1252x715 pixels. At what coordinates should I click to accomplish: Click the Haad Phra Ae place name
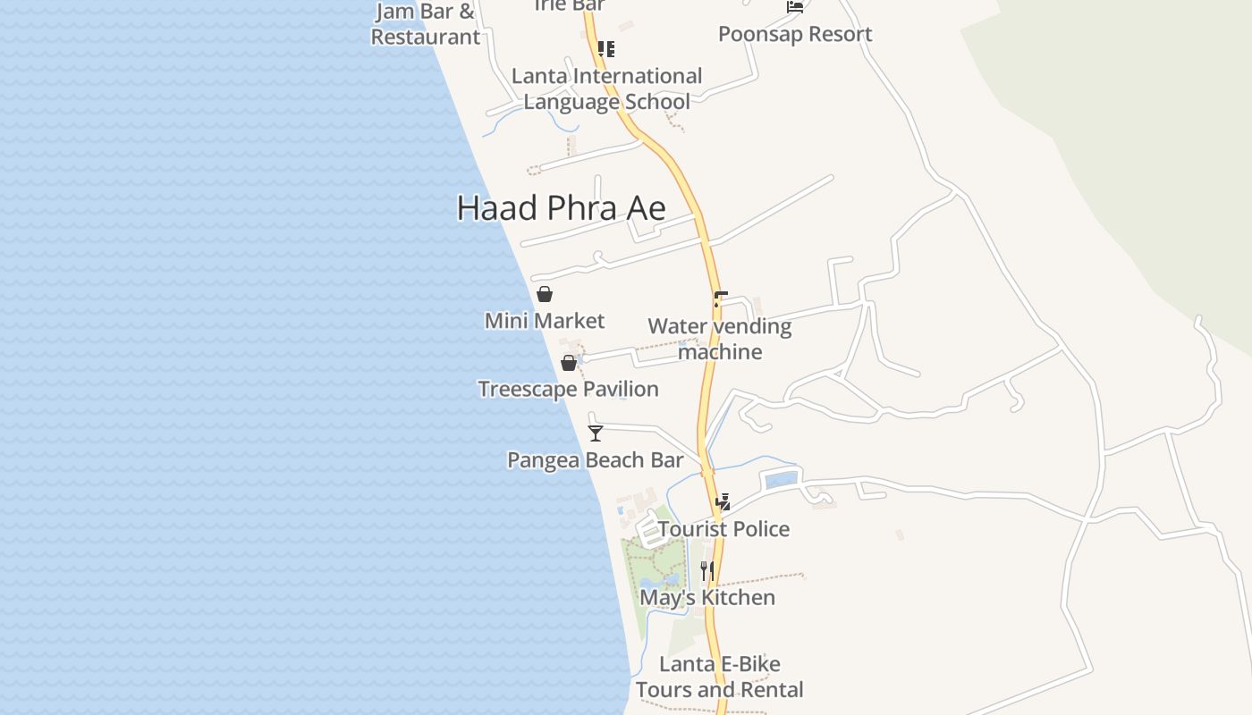click(x=561, y=208)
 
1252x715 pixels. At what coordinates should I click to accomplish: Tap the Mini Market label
click(x=544, y=321)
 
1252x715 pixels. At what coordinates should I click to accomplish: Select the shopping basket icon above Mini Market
click(x=544, y=294)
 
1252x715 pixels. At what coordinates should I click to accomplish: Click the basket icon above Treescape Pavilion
click(x=568, y=363)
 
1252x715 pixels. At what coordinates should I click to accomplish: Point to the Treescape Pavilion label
click(x=568, y=390)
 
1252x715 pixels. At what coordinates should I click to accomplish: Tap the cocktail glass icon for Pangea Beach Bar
click(x=596, y=433)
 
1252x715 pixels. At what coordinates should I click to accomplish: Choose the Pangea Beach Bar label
click(x=595, y=460)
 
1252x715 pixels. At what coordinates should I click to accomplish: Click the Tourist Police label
click(x=723, y=529)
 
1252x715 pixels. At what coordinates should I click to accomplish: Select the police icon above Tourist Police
click(x=723, y=501)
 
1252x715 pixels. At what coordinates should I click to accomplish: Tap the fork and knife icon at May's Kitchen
click(x=706, y=570)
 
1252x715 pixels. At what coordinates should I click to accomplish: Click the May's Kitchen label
click(x=707, y=597)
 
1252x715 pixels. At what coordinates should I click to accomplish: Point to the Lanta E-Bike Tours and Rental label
click(x=720, y=677)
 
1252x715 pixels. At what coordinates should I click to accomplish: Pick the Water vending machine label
click(x=720, y=339)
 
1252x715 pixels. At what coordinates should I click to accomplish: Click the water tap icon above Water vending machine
click(x=720, y=299)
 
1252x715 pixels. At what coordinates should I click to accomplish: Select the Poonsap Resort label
click(x=795, y=34)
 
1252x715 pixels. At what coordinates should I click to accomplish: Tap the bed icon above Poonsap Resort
click(x=794, y=7)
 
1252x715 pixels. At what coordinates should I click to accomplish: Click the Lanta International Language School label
click(x=606, y=88)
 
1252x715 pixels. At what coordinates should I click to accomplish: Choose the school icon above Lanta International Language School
click(x=606, y=48)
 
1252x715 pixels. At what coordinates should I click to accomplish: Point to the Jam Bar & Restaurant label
click(x=426, y=24)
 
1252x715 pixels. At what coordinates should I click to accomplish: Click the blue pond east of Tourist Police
click(x=781, y=480)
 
